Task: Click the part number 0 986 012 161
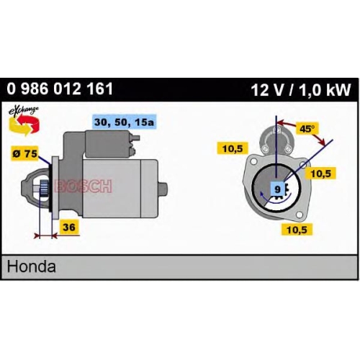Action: [x=60, y=89]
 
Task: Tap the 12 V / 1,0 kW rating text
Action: [x=301, y=90]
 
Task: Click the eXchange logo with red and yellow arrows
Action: [x=24, y=121]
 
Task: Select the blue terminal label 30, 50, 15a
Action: [x=125, y=122]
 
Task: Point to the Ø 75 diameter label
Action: [x=25, y=153]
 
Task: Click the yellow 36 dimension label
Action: [x=69, y=227]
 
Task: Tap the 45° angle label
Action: [x=307, y=129]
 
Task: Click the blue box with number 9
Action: [x=277, y=189]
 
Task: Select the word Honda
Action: [x=32, y=266]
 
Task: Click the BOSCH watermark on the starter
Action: [x=84, y=186]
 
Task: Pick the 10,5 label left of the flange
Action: [x=233, y=148]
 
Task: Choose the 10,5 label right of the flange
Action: [x=320, y=174]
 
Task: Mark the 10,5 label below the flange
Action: [x=297, y=230]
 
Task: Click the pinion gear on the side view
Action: [x=44, y=187]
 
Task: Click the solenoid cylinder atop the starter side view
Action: [x=109, y=144]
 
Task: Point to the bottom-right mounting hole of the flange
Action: [x=299, y=215]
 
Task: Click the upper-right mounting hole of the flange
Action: [x=303, y=165]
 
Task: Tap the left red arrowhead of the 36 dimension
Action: [x=37, y=236]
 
